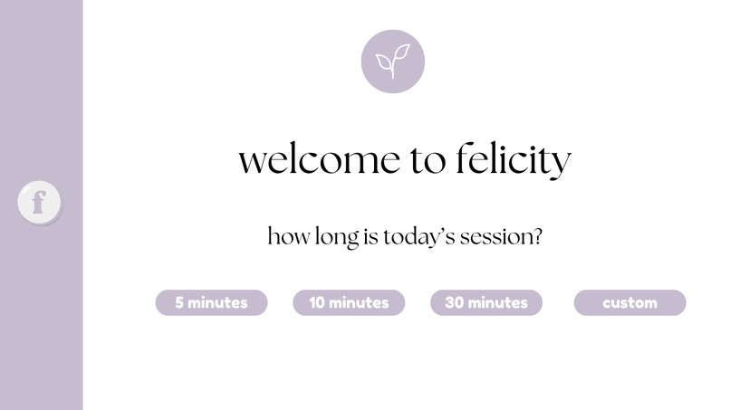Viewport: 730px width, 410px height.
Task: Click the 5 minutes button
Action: coord(211,303)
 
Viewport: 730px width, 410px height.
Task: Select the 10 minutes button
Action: coord(349,303)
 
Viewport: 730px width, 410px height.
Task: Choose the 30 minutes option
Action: coord(486,303)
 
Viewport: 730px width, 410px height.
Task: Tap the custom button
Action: coord(629,303)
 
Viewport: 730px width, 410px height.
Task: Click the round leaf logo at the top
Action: coord(392,62)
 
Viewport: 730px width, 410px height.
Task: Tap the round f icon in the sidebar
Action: coord(39,202)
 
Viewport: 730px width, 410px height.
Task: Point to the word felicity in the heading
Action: coord(512,161)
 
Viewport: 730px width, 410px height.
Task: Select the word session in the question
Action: coord(495,238)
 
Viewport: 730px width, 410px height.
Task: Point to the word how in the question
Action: coord(288,238)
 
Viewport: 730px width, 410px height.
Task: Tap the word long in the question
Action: coord(332,239)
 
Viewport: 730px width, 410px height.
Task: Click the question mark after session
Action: coord(537,237)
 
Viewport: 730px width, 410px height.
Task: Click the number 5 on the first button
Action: coord(179,303)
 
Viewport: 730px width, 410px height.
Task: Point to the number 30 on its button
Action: coord(455,303)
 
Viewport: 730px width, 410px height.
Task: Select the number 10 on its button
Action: coord(317,303)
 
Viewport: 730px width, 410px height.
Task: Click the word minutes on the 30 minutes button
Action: coord(498,303)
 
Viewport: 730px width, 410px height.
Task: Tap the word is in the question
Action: coord(368,238)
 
